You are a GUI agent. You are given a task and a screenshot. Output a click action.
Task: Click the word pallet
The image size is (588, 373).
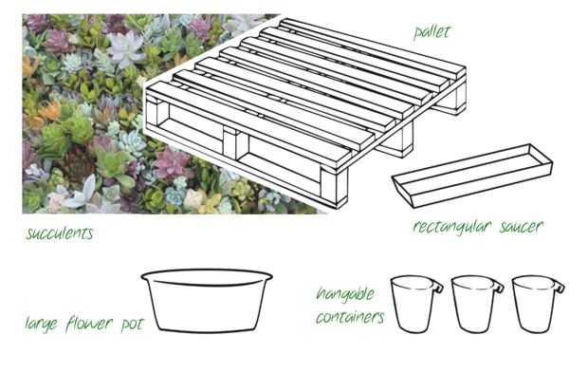432,32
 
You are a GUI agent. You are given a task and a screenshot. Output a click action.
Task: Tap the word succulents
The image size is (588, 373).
59,233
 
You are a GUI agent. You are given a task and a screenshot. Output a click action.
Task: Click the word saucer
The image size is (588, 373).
522,226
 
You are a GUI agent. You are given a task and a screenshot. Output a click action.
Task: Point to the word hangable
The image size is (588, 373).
345,294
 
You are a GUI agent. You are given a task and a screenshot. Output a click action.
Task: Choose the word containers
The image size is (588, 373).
350,317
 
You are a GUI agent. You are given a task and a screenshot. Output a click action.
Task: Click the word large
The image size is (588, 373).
41,324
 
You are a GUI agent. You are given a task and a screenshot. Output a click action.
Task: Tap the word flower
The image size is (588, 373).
89,324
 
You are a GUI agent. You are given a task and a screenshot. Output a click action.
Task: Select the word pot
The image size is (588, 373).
132,325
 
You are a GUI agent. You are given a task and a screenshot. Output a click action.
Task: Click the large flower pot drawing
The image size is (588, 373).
207,301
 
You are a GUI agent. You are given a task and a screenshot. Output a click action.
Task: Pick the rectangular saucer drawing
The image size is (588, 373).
472,176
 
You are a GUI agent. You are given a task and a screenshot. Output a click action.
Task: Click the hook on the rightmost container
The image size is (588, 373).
560,288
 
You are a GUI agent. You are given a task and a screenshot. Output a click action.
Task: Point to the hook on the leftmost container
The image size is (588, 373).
438,288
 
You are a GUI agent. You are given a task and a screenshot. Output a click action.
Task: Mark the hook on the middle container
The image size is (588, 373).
499,288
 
